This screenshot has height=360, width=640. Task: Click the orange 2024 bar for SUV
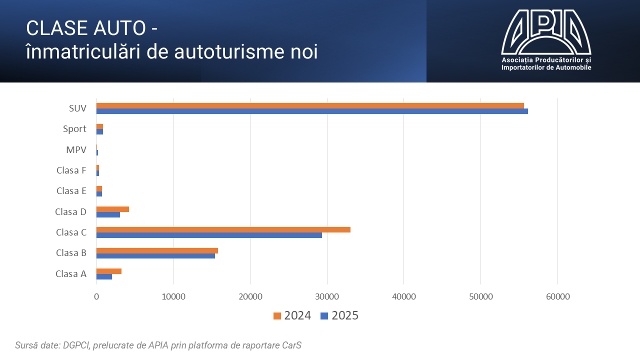pos(310,105)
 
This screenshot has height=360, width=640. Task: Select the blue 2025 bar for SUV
pos(312,111)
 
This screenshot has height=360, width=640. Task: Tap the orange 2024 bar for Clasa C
pos(223,229)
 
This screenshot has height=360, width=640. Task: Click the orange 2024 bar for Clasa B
pos(157,250)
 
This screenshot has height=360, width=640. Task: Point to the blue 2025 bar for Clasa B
pos(155,256)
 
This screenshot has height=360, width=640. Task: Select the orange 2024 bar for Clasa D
pos(112,209)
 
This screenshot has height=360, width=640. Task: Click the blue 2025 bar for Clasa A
pos(104,277)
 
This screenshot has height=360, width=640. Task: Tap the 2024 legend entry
pos(292,315)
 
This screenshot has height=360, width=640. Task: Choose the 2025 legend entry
pos(339,315)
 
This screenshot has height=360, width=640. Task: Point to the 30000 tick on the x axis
pos(327,296)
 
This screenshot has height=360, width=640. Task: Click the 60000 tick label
pos(557,296)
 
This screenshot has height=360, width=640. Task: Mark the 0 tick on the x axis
pos(96,296)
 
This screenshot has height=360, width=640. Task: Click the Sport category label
pos(74,129)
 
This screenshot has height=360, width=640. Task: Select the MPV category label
pos(76,149)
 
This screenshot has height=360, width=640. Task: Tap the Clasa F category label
pos(71,170)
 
